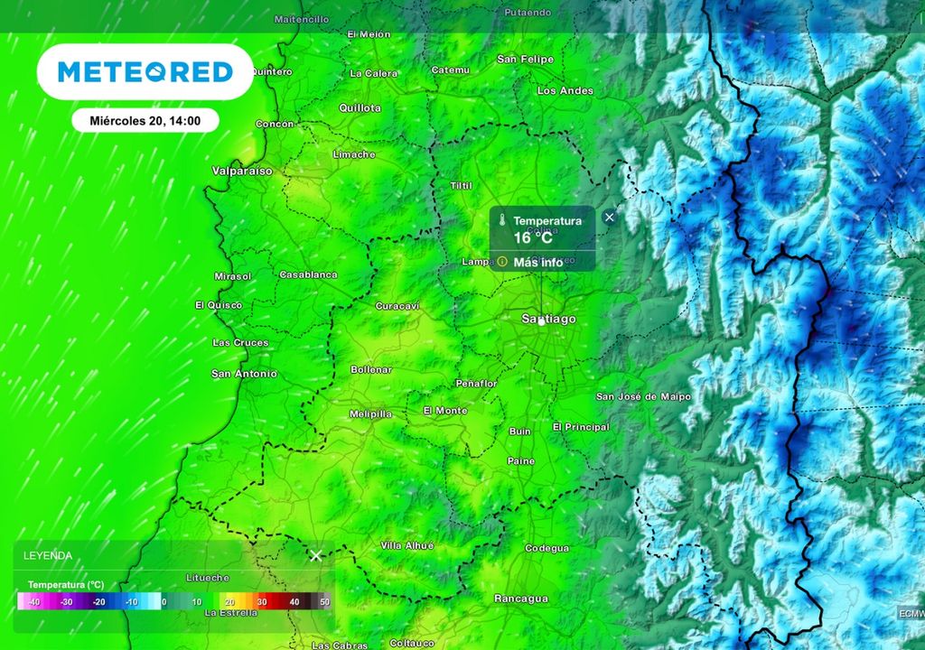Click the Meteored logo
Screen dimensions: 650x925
pyautogui.click(x=145, y=71)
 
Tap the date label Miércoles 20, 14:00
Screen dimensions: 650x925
pyautogui.click(x=145, y=119)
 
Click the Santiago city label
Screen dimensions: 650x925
pyautogui.click(x=548, y=319)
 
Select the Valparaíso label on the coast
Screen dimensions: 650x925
pyautogui.click(x=241, y=170)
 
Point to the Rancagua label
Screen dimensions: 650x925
pyautogui.click(x=521, y=599)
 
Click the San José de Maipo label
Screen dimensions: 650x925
pyautogui.click(x=643, y=397)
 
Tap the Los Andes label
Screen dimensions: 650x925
pyautogui.click(x=565, y=90)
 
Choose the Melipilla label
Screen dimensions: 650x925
pyautogui.click(x=370, y=413)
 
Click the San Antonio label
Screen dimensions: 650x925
pyautogui.click(x=244, y=373)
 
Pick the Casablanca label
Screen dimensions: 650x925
pyautogui.click(x=308, y=274)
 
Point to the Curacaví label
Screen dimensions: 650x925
pyautogui.click(x=397, y=306)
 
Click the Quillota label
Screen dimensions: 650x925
pyautogui.click(x=360, y=107)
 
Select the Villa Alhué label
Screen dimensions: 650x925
pyautogui.click(x=406, y=545)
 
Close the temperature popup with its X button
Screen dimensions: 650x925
pyautogui.click(x=610, y=217)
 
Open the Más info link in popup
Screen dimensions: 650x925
pyautogui.click(x=538, y=262)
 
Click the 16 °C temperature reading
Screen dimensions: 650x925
pyautogui.click(x=533, y=238)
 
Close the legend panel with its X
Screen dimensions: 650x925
pyautogui.click(x=315, y=555)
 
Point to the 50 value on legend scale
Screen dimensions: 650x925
pyautogui.click(x=324, y=601)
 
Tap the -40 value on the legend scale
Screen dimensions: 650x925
pyautogui.click(x=34, y=601)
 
